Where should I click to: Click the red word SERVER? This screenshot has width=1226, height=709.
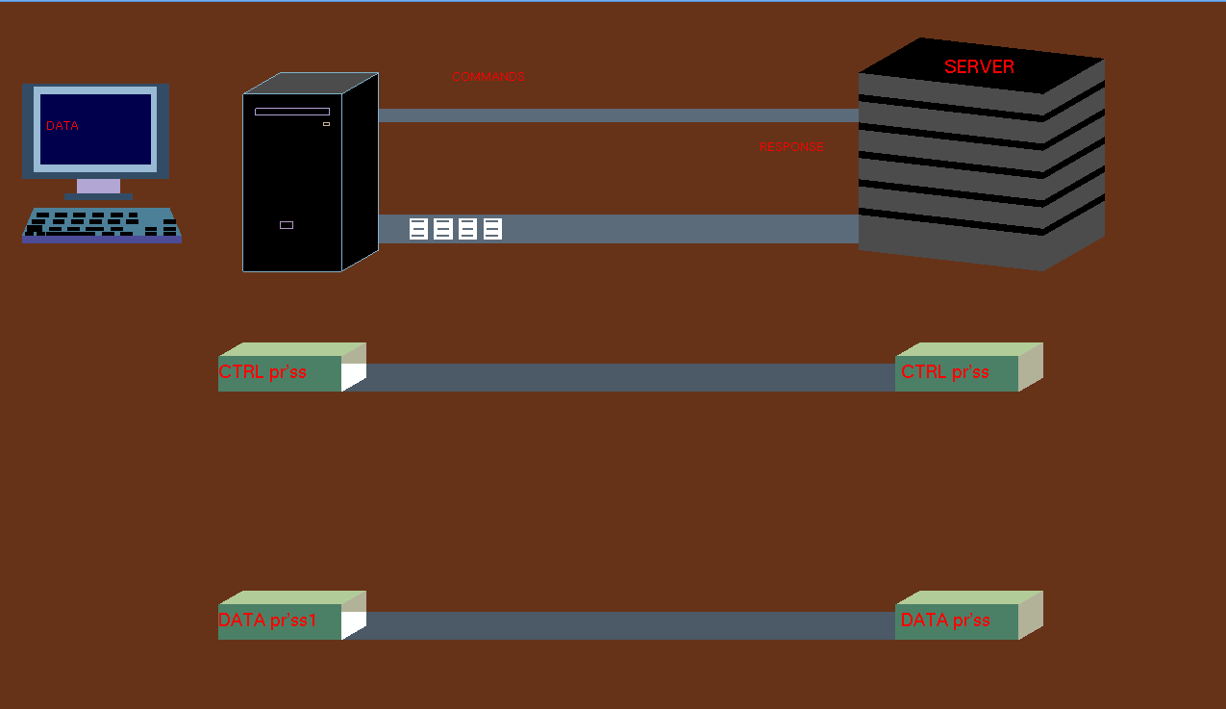tap(979, 66)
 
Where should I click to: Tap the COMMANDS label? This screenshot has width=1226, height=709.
tap(488, 77)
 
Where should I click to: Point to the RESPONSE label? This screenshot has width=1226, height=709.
tap(791, 147)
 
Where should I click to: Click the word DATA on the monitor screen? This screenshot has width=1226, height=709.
tap(63, 125)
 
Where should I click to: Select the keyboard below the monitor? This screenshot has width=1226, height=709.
tap(102, 225)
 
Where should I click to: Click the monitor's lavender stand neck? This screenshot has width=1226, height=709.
tap(98, 186)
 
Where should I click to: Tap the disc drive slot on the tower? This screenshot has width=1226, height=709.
tap(292, 112)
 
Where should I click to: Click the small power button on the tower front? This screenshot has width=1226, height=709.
tap(287, 225)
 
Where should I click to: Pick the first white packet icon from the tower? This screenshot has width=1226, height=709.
tap(418, 229)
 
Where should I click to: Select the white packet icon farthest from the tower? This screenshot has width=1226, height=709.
tap(492, 229)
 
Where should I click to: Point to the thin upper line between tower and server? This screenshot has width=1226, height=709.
tap(618, 115)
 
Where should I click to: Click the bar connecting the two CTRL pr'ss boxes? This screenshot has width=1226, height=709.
tap(631, 377)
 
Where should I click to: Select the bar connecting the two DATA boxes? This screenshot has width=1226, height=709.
tap(631, 625)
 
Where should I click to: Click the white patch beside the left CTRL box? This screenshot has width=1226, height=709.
tap(353, 375)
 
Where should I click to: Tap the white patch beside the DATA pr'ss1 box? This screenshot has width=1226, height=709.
tap(353, 623)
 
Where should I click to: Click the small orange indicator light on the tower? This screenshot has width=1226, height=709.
tap(326, 124)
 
